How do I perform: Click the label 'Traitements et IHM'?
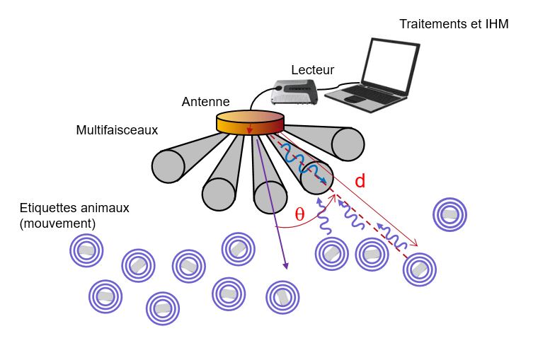coord(454,24)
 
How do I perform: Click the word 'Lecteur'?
coord(312,70)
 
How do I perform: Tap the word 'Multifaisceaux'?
coord(117,130)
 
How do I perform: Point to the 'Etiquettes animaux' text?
coord(74,209)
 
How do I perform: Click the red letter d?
coord(360,181)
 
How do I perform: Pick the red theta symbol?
coord(299,214)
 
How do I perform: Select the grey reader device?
coord(295,93)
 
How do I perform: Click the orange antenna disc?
coord(249,122)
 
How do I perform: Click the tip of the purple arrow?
coord(287,268)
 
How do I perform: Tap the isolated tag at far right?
coord(450,214)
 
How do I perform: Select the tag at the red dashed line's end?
coord(419,269)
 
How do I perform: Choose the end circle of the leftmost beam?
coord(168,166)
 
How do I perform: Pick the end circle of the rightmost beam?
coord(348,144)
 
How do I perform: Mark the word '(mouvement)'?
coord(58,223)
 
